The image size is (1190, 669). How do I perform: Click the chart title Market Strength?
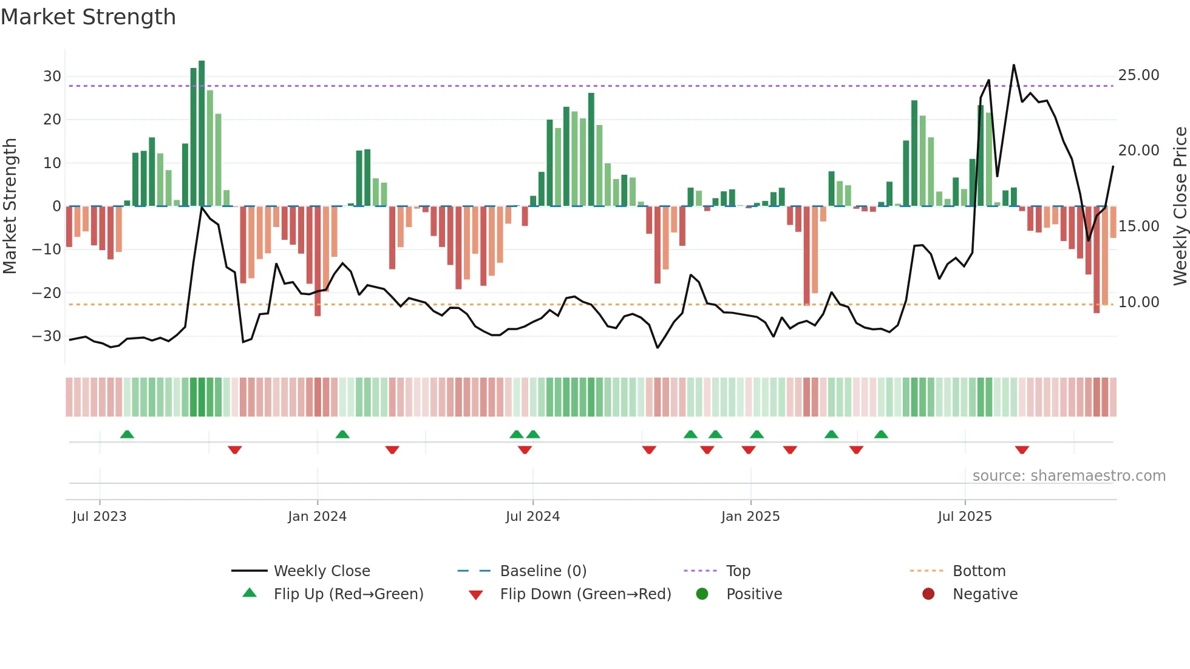point(88,17)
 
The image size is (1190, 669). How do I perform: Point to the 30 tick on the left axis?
point(52,76)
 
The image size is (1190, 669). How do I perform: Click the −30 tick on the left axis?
point(47,336)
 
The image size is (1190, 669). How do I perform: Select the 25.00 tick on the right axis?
point(1138,75)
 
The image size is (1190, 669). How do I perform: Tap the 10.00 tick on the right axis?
point(1138,302)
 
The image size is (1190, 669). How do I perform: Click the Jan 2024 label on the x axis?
point(317,517)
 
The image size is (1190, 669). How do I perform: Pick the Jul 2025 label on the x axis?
point(964,517)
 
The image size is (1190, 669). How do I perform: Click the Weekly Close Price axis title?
point(1180,206)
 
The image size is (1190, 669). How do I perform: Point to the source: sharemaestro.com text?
point(1069,476)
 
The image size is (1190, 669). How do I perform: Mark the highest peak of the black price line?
point(1013,66)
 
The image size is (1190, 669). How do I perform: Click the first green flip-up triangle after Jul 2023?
point(127,434)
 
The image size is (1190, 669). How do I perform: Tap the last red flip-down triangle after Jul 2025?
point(1022,450)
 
